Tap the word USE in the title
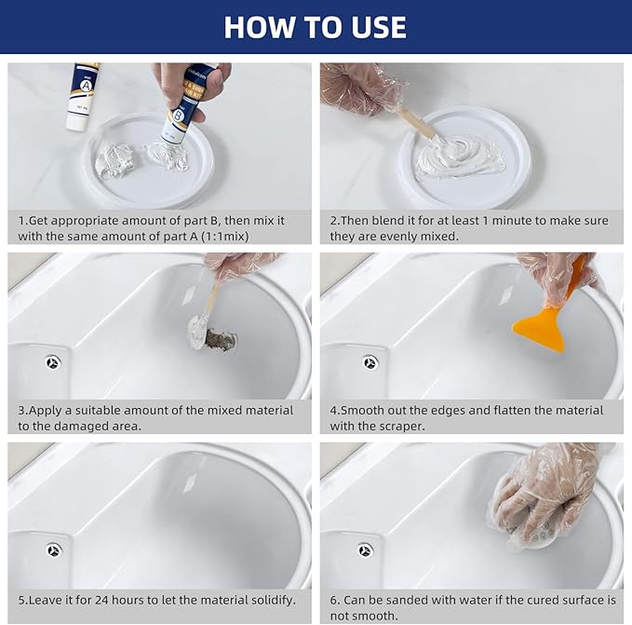pos(373,27)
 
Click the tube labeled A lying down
pos(83,97)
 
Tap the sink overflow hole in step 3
pos(53,362)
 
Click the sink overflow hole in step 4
pos(370,362)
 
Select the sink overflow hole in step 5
pos(53,550)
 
